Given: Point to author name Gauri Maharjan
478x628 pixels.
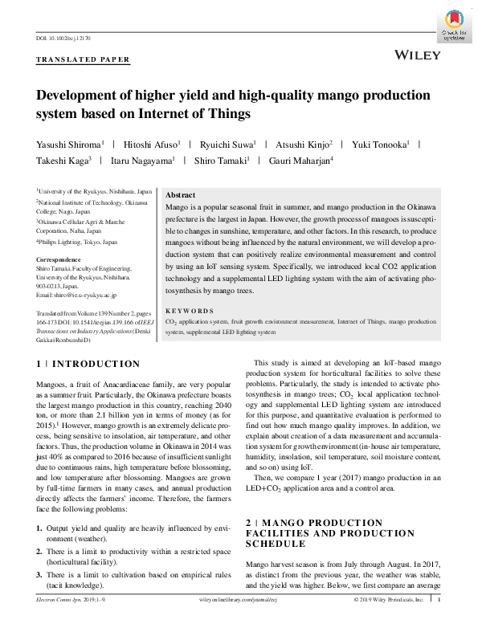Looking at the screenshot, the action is coord(301,161).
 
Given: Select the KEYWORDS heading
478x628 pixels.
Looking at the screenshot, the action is coord(189,310).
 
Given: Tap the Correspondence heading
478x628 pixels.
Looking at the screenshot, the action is coord(59,260).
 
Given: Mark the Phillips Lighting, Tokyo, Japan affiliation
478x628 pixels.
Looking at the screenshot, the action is coord(77,241).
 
